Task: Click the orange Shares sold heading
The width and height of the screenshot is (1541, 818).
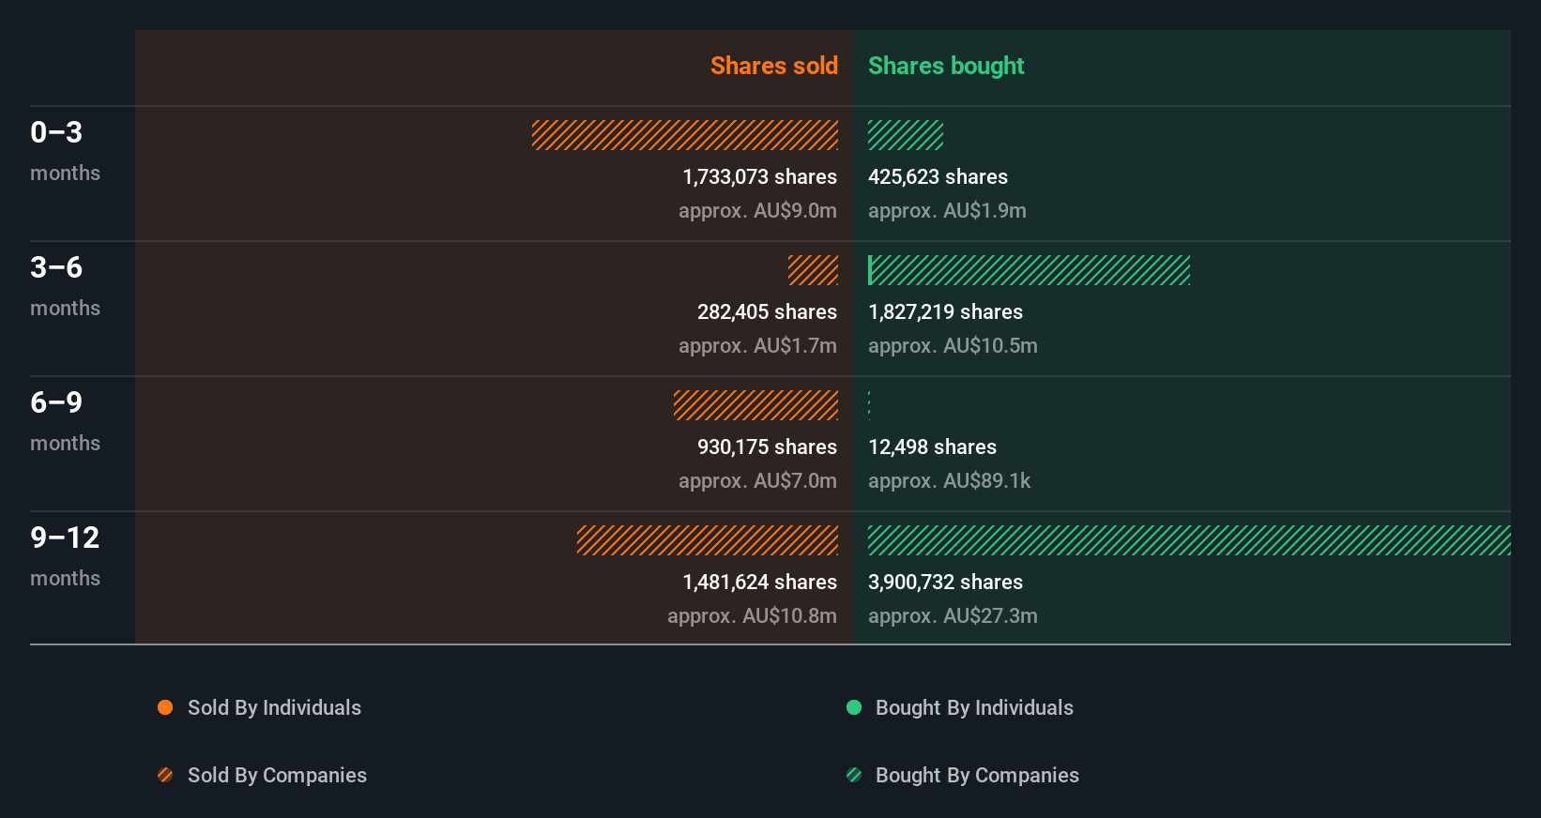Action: point(773,66)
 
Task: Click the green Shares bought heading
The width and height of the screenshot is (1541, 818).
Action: point(945,66)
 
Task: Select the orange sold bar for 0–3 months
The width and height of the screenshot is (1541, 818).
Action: point(685,135)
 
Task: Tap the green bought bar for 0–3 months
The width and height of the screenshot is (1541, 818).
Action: point(905,135)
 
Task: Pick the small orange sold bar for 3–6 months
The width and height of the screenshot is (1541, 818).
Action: point(813,270)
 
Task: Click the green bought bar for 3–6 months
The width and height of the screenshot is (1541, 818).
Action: point(1029,270)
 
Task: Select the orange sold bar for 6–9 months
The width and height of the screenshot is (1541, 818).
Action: point(755,405)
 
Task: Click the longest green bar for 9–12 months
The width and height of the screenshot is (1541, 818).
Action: point(1189,540)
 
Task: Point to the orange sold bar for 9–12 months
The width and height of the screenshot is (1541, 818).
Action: point(708,540)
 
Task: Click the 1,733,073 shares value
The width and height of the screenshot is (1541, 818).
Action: point(759,176)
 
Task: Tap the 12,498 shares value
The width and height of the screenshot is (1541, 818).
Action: point(932,447)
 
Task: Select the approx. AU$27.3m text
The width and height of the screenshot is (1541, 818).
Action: point(953,615)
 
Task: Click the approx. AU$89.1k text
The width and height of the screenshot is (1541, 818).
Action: point(949,480)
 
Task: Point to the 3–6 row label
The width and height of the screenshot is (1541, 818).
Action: point(56,267)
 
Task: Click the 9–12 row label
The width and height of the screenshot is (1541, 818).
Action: point(65,538)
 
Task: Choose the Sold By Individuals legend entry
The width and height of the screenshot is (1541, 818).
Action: point(273,707)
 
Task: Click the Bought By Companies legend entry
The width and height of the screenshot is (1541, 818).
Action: point(976,775)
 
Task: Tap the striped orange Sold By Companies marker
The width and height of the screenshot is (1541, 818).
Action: point(165,775)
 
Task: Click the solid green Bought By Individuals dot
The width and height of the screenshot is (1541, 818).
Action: point(854,707)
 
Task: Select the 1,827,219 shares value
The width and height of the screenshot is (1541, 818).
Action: point(945,311)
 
